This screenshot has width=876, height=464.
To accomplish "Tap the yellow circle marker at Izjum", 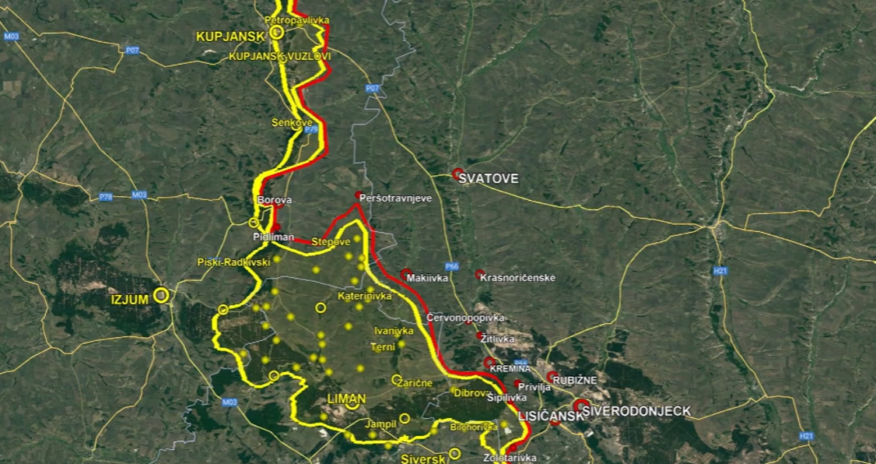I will click(x=161, y=295).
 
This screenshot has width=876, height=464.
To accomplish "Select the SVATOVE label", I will click(x=489, y=178).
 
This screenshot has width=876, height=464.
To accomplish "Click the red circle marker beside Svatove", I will click(x=458, y=174).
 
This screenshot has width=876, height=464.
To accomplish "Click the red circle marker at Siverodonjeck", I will click(x=580, y=406).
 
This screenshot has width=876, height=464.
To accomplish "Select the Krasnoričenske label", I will click(x=518, y=277).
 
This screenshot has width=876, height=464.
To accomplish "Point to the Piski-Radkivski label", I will click(x=234, y=262).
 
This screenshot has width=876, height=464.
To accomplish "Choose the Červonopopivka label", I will click(x=465, y=318).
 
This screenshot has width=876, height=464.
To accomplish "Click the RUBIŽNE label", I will click(x=576, y=380).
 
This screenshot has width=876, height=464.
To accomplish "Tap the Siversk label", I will click(x=422, y=459).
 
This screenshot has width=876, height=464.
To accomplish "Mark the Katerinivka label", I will click(x=364, y=296).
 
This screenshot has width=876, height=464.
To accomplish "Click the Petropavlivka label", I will click(x=297, y=19).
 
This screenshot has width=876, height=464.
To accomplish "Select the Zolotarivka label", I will click(x=510, y=458).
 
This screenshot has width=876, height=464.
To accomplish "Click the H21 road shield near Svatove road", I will click(x=720, y=271).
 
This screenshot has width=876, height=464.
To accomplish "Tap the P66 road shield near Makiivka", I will click(x=452, y=265).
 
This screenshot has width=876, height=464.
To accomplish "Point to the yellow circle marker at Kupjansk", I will click(x=276, y=32).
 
